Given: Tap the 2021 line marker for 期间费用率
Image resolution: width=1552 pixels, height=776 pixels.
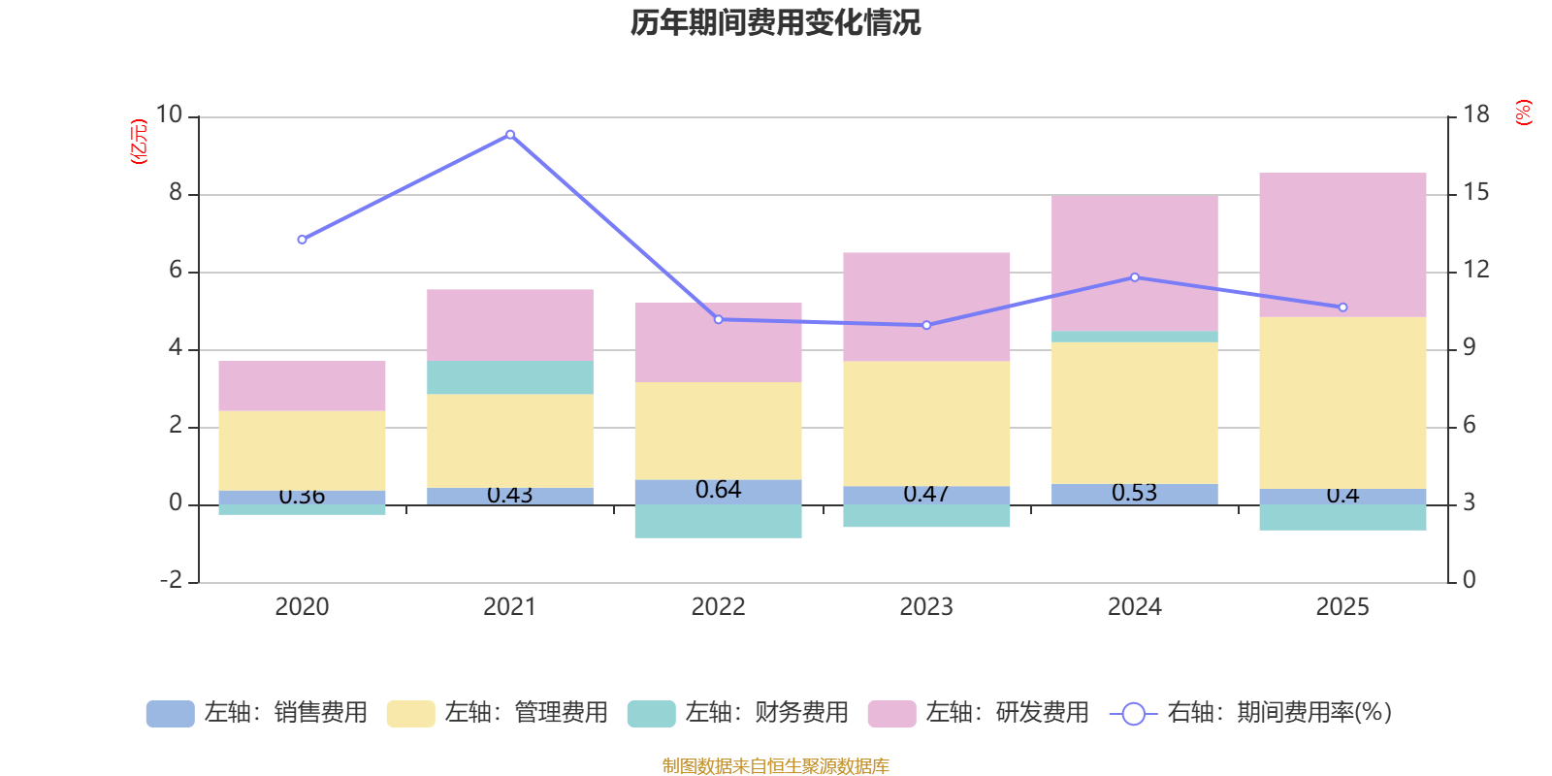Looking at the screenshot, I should (510, 135).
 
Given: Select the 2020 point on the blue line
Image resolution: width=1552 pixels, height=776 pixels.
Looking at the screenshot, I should (302, 240).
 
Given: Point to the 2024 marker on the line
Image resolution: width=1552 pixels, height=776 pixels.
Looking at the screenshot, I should (1135, 277).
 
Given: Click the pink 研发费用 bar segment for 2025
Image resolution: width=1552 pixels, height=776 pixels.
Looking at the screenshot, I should (1342, 244).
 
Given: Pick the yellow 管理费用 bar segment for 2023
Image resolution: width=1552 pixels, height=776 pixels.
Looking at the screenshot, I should (926, 424).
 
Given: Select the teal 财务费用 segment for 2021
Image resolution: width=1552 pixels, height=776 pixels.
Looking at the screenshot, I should (510, 377).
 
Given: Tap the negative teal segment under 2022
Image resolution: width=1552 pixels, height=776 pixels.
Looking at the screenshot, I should (718, 522).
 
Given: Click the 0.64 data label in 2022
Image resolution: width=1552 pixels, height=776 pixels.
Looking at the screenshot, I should (718, 491).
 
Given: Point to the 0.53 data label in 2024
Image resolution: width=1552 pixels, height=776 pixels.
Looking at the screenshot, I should (1135, 493).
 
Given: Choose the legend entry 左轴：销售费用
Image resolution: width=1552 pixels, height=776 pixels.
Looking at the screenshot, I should (257, 713).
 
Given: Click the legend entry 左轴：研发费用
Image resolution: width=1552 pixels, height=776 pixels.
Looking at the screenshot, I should (979, 713).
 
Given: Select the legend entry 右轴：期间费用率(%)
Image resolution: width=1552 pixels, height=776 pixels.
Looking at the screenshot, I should (1251, 713).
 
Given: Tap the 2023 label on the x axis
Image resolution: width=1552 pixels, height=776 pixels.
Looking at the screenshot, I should (926, 607).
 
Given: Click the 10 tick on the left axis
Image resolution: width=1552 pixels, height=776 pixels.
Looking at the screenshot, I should (170, 115).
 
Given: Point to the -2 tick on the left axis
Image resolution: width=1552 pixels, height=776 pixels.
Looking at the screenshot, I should (172, 580).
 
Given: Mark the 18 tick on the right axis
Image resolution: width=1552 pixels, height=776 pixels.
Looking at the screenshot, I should (1476, 115).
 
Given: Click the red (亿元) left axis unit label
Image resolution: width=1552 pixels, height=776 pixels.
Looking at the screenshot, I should (139, 142).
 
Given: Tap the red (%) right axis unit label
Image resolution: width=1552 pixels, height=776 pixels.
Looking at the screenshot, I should (1524, 113).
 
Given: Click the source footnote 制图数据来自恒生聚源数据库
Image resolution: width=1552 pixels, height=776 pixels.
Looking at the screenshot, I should (775, 766).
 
